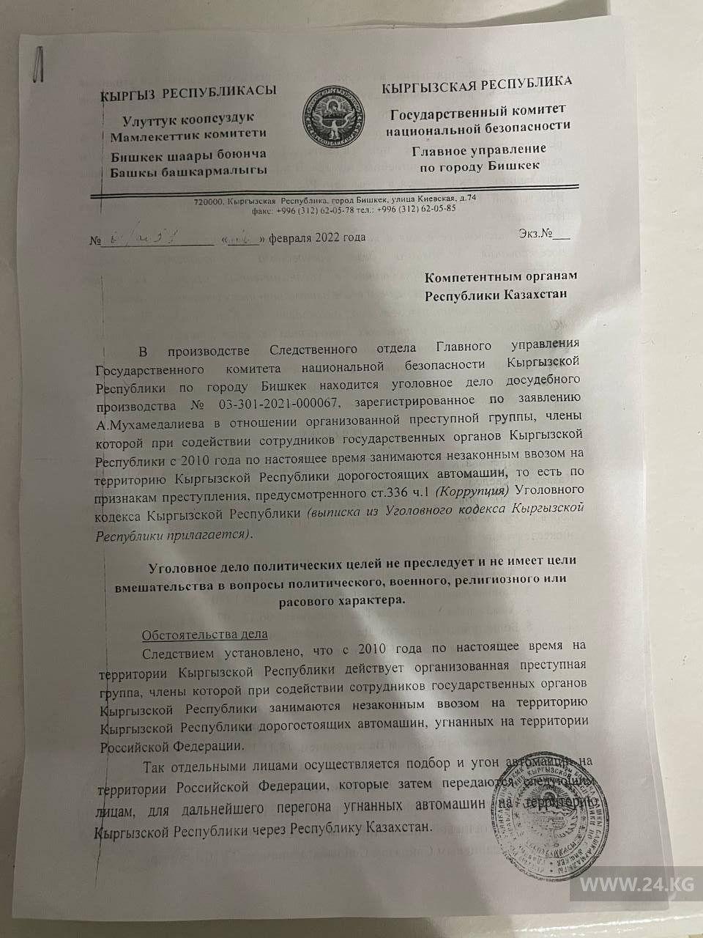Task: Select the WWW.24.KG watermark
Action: pos(636,885)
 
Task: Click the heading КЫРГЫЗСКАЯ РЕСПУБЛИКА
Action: pos(477,84)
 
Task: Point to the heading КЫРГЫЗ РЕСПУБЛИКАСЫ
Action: pos(188,92)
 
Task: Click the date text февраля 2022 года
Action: pos(316,237)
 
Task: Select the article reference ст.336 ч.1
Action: pos(403,489)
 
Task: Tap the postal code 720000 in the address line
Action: pos(209,199)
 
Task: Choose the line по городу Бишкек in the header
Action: pos(479,166)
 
